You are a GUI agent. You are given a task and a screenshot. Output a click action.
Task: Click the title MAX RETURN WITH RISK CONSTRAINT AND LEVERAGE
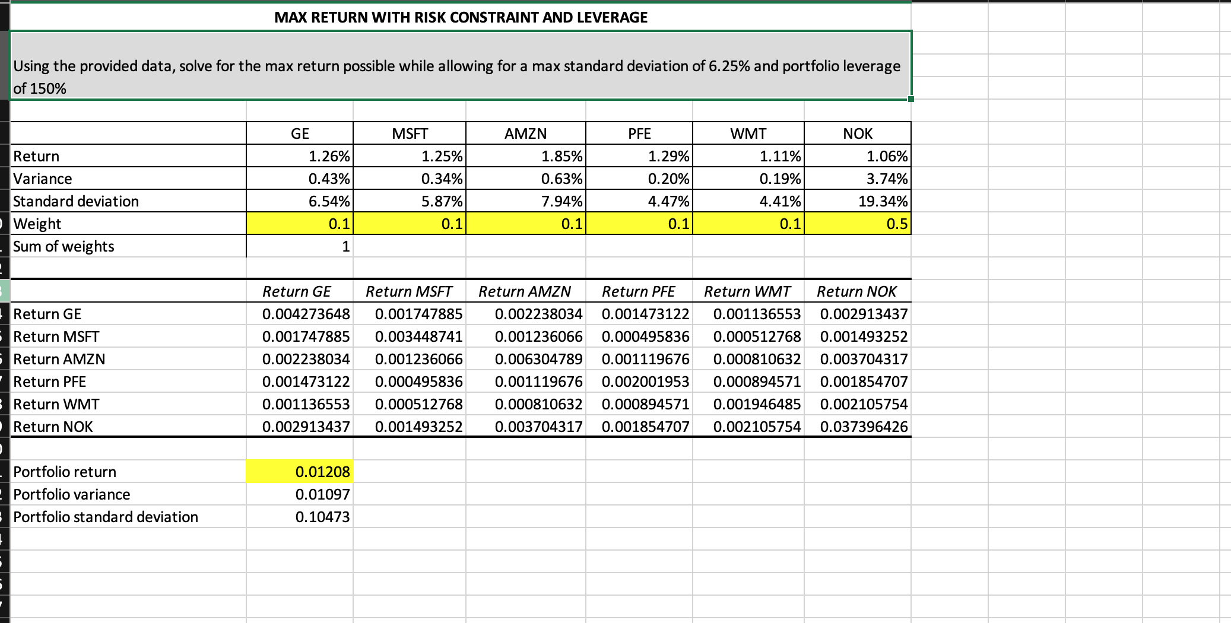461,17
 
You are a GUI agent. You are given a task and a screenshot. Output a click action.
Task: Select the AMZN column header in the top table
525,133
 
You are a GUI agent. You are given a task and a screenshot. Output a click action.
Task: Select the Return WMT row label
56,404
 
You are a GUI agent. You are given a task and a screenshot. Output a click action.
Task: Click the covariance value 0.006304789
538,359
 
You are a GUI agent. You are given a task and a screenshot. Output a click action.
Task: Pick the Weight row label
37,224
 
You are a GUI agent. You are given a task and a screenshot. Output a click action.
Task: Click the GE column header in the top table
300,133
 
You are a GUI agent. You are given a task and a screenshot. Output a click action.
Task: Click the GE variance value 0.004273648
306,314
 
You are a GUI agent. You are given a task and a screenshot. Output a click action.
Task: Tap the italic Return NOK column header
856,291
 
